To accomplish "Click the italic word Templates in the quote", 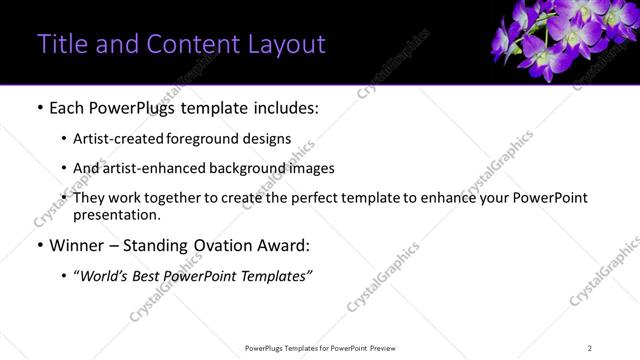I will tap(277, 275).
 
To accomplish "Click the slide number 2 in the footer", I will tap(590, 348).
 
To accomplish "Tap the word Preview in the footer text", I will tap(388, 348).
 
